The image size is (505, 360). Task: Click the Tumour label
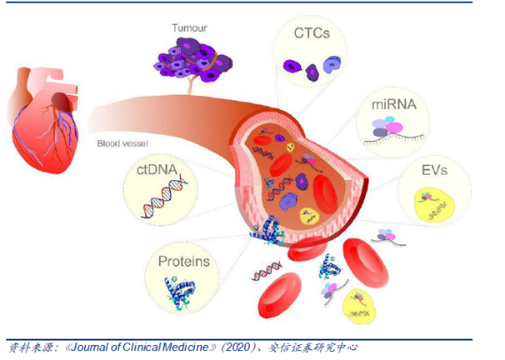coord(189,28)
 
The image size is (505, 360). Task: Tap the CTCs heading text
coord(312,33)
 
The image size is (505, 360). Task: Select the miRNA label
coord(394,105)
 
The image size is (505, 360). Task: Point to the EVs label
coord(434,170)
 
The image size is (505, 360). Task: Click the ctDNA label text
coord(157,169)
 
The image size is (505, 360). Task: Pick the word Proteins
coord(184,262)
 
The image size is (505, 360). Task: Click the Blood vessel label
coord(122,144)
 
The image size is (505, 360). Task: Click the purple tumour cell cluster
coord(194,60)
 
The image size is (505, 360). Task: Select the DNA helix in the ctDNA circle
coord(164,197)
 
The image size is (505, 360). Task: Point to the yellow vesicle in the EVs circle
coord(434,206)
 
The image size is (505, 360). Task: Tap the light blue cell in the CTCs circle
coord(331,65)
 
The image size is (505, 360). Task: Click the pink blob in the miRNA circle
coord(393,128)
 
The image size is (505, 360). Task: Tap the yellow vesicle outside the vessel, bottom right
coord(359,306)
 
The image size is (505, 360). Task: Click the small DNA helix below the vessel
coord(267,271)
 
